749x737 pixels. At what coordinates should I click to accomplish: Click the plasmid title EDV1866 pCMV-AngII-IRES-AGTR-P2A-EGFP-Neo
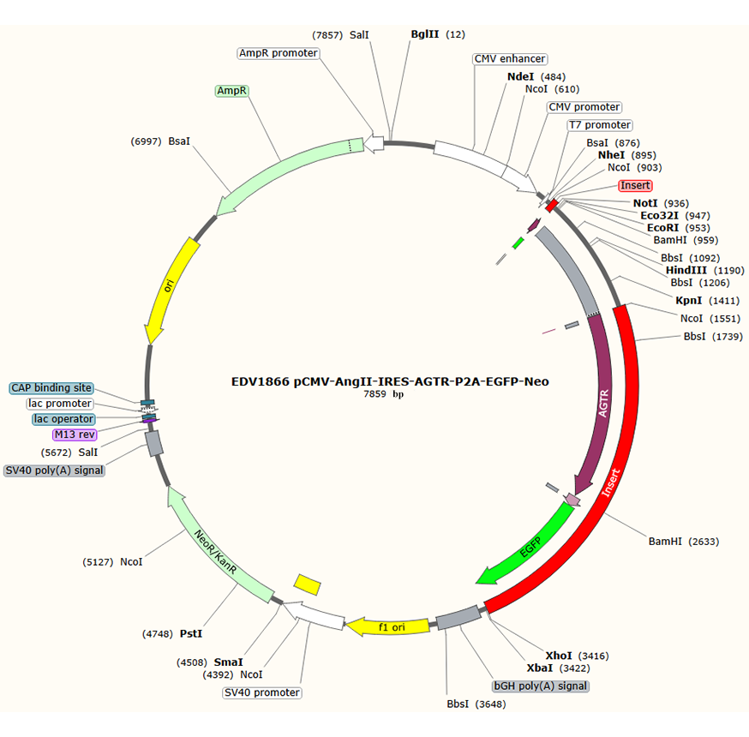click(390, 381)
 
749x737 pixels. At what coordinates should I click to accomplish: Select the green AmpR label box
click(231, 90)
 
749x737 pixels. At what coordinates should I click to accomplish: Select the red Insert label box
click(635, 185)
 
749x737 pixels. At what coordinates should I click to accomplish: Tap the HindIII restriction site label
click(687, 270)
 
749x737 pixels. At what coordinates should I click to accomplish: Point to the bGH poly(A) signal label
click(541, 686)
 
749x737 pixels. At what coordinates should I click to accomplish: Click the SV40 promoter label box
click(262, 692)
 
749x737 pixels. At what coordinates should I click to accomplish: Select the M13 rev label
click(76, 434)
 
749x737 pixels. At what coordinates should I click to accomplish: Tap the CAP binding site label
click(51, 388)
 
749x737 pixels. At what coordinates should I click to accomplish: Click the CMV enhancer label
click(510, 59)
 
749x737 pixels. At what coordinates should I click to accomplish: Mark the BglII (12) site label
click(426, 34)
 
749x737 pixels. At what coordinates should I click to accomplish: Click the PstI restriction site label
click(191, 634)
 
